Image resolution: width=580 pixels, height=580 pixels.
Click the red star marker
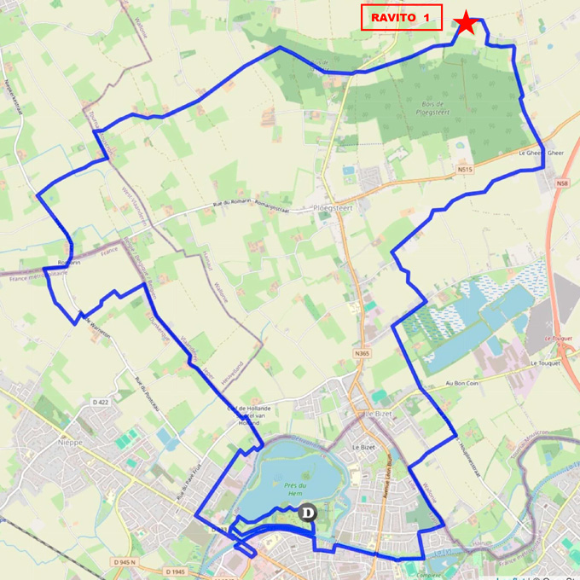467,23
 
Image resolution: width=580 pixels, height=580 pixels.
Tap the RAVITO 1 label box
401,17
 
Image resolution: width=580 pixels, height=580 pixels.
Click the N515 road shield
464,170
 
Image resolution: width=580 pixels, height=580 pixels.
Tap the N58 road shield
561,183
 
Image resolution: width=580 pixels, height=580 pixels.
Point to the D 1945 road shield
174,571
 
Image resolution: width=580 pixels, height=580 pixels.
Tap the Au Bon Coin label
461,384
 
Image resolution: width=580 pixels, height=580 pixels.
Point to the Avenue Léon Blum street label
385,496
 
